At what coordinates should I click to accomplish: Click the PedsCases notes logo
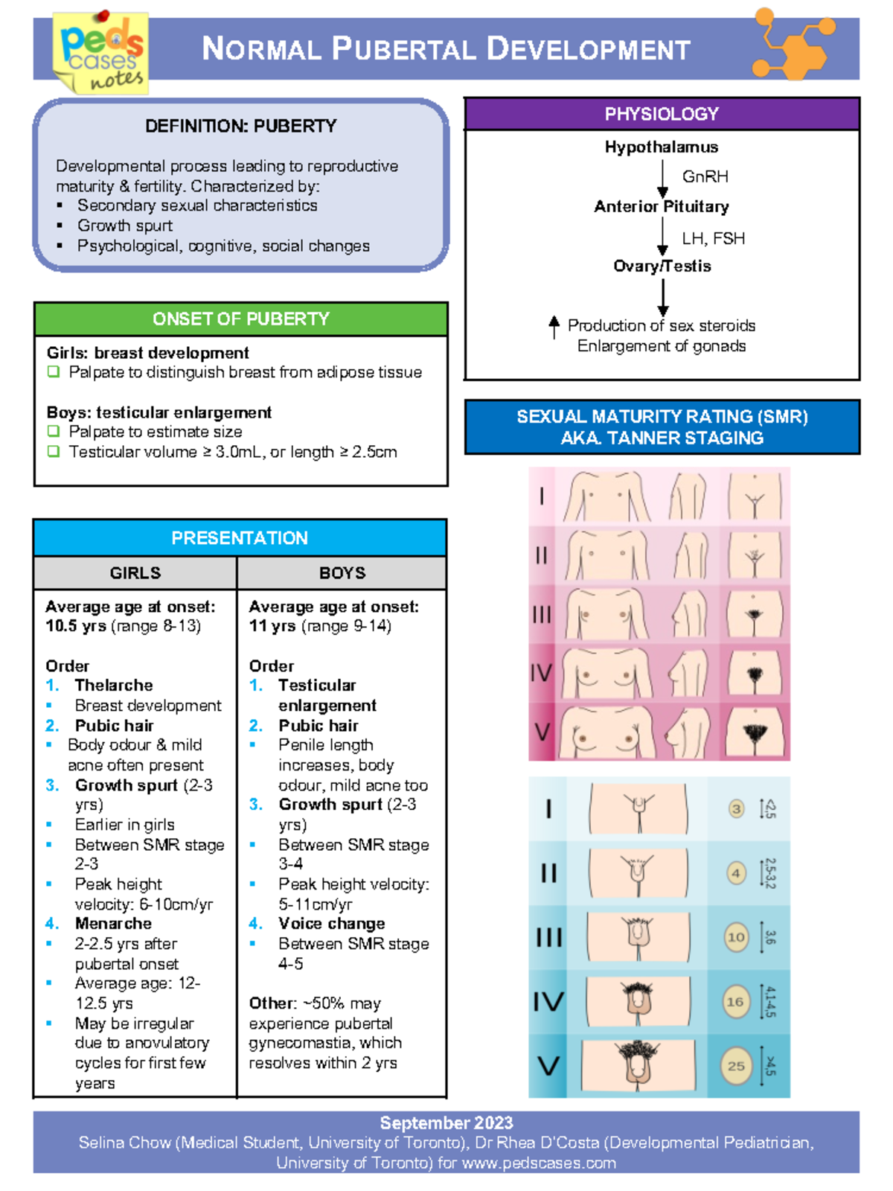point(101,52)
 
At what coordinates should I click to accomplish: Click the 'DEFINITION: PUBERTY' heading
point(240,126)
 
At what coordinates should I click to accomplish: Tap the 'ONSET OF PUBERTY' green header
point(240,319)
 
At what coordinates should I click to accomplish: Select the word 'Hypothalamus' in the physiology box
point(661,147)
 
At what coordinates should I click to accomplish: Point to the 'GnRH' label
point(705,176)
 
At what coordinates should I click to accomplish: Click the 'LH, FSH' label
point(713,238)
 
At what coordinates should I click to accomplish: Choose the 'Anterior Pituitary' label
point(661,206)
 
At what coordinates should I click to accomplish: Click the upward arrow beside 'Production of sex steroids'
point(554,327)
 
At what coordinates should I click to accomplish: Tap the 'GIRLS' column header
point(135,572)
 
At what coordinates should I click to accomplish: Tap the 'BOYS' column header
point(342,572)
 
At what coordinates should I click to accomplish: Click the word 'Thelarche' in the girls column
point(114,685)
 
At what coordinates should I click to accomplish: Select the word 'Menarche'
point(113,923)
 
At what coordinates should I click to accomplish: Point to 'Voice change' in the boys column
point(331,923)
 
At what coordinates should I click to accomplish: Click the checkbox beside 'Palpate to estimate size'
point(53,432)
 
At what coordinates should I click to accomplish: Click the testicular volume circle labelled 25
point(736,1066)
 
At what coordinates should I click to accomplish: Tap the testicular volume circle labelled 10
point(736,937)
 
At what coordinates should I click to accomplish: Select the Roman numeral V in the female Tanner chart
point(542,732)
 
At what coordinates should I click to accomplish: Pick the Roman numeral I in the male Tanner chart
point(548,808)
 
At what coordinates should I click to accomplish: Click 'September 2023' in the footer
point(446,1123)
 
